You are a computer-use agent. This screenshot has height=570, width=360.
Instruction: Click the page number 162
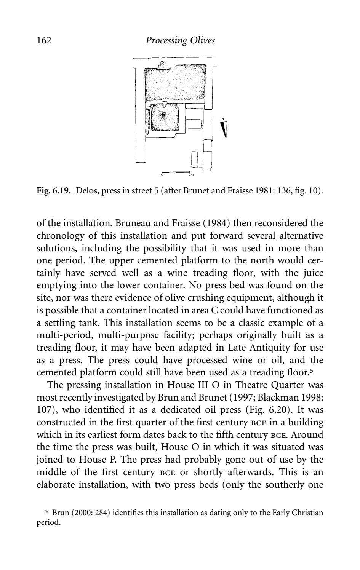(x=44, y=40)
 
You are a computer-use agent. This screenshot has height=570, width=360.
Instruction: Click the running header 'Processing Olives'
(x=180, y=40)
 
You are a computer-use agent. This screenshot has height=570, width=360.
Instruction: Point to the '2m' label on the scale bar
(x=191, y=176)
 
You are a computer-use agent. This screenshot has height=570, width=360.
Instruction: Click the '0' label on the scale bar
(x=162, y=176)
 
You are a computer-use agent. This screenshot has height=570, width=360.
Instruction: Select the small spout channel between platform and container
(x=164, y=103)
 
